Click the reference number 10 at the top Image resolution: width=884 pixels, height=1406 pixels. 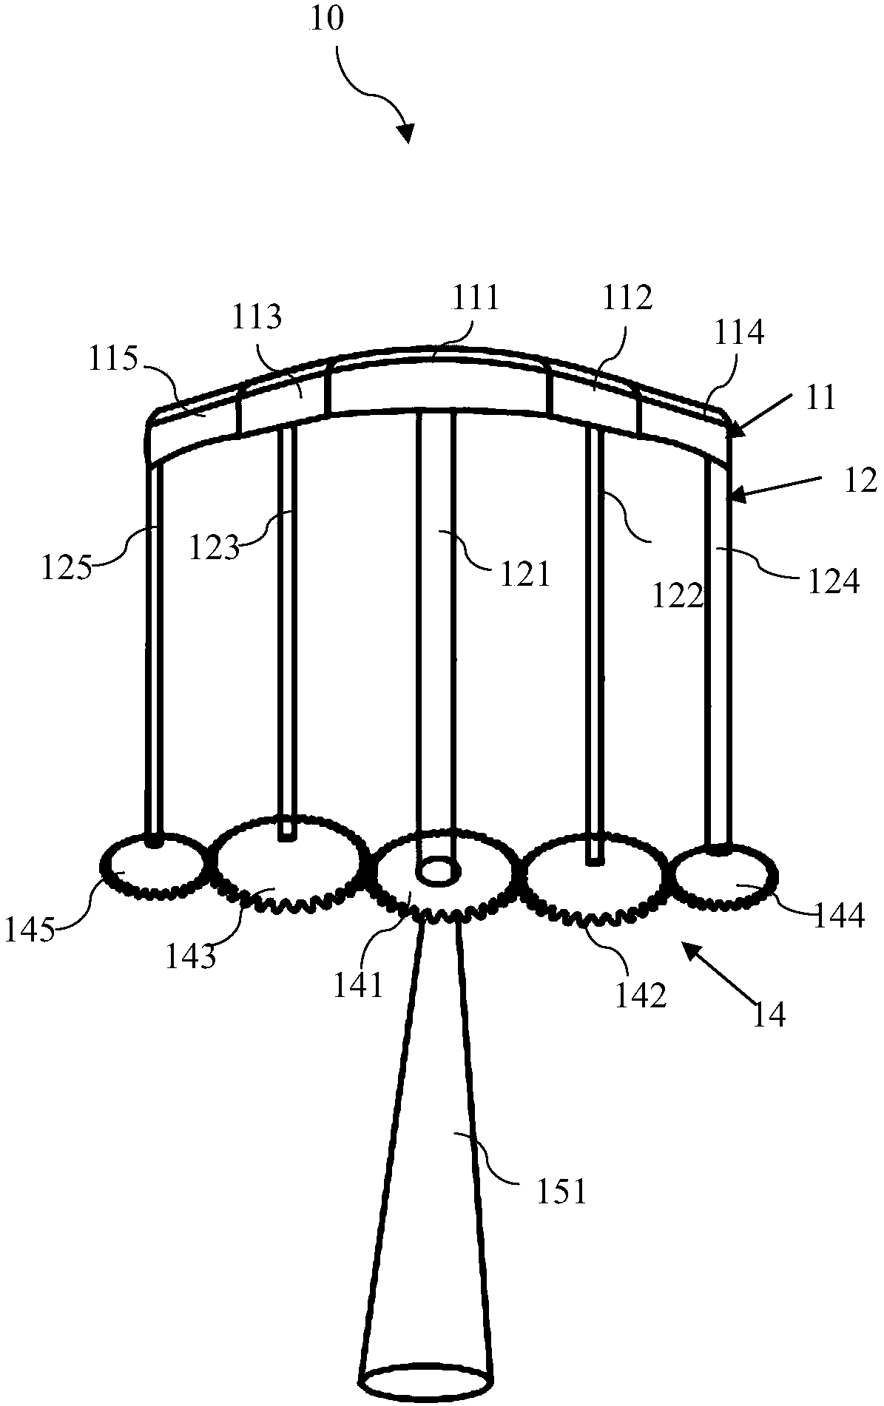pyautogui.click(x=327, y=18)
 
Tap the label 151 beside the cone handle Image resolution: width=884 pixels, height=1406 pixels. pyautogui.click(x=561, y=1192)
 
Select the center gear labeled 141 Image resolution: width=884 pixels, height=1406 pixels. pyautogui.click(x=444, y=880)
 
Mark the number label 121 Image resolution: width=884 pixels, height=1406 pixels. pyautogui.click(x=524, y=573)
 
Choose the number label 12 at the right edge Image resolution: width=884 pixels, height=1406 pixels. pyautogui.click(x=860, y=481)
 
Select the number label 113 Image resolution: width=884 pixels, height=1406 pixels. pyautogui.click(x=257, y=317)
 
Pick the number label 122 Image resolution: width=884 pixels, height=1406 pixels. pyautogui.click(x=677, y=595)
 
